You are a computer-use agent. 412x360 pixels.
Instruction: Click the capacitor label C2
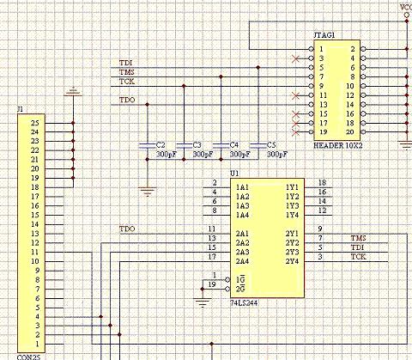coord(161,145)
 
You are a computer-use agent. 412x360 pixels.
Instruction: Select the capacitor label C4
coord(234,145)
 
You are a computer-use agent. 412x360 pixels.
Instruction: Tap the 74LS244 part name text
coord(244,302)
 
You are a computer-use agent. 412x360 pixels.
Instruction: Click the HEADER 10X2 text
coord(338,145)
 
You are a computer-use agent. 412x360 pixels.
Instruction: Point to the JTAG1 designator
coord(324,35)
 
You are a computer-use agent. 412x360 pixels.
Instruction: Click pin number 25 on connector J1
coord(35,123)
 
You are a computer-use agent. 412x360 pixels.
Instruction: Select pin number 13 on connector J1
coord(35,234)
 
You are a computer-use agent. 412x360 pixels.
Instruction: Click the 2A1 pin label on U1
coord(242,234)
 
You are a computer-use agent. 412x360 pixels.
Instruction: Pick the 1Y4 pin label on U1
coord(292,215)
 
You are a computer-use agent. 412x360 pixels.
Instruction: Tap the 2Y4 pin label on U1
coord(292,261)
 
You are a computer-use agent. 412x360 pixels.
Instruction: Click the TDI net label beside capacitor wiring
coord(125,63)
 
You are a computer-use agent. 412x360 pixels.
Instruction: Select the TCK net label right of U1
coord(359,256)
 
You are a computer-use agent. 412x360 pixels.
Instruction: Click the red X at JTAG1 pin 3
coord(296,58)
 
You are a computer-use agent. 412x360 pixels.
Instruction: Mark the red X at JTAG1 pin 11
coord(296,95)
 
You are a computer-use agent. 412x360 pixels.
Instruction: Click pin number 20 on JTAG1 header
coord(350,132)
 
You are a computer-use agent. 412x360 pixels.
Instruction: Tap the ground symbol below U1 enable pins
coord(203,302)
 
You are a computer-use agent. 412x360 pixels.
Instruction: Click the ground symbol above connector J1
coord(73,91)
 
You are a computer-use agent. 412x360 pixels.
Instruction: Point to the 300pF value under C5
coord(277,155)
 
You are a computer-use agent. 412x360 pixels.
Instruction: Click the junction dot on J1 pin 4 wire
coord(100,316)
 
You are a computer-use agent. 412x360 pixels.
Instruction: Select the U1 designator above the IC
coord(234,174)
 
